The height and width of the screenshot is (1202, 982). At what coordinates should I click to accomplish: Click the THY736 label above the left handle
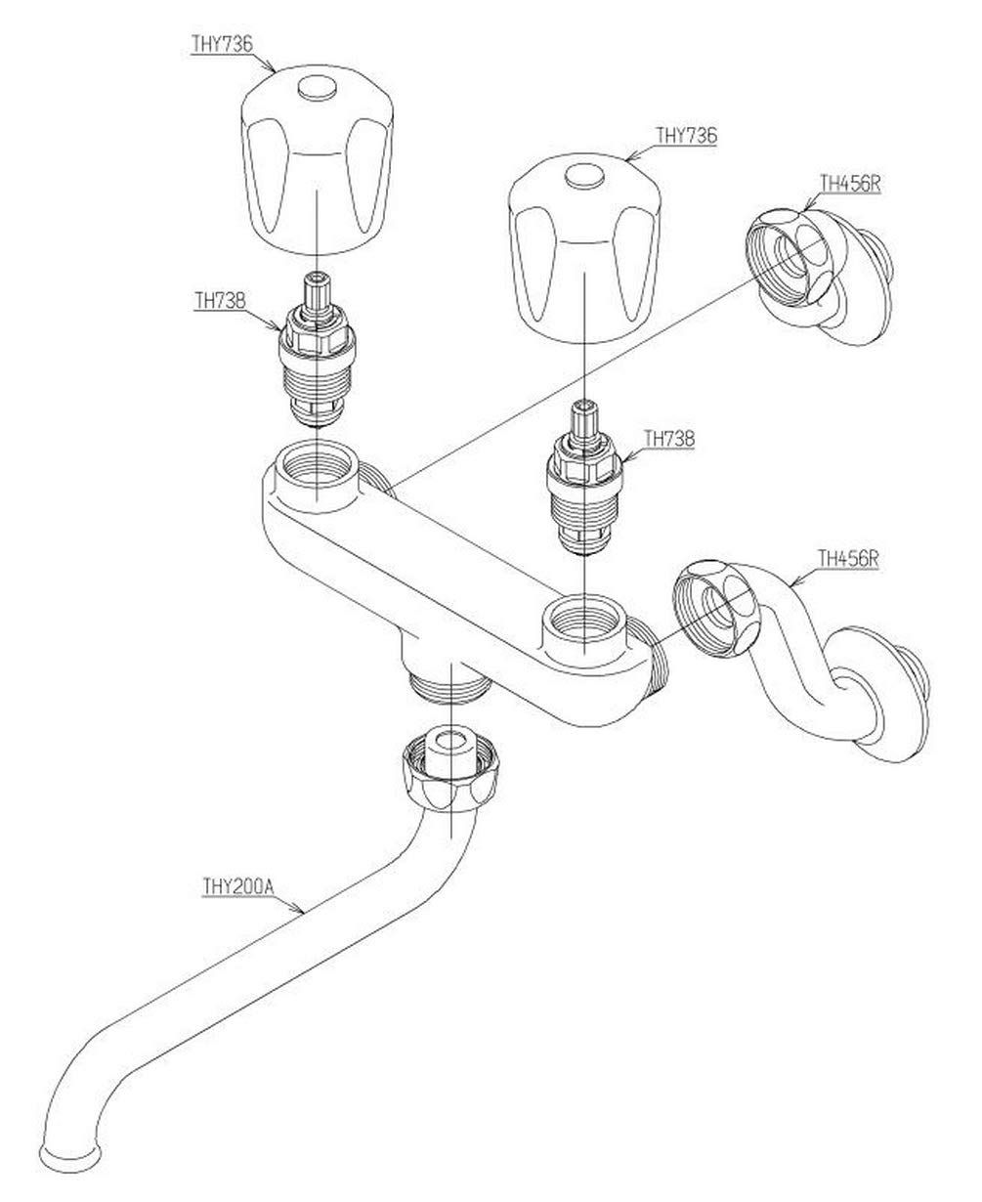click(222, 45)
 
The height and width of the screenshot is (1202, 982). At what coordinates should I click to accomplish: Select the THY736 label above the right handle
click(686, 136)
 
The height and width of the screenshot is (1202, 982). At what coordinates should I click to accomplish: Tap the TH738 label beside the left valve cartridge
click(220, 300)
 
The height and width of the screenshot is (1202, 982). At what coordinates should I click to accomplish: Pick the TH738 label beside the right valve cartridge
click(669, 438)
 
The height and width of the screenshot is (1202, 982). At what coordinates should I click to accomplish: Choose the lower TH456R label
click(849, 559)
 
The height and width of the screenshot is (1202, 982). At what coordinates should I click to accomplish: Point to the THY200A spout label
click(238, 886)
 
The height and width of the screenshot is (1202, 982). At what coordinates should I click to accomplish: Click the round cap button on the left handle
click(317, 88)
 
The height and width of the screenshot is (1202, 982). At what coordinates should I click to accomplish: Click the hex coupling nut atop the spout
click(449, 771)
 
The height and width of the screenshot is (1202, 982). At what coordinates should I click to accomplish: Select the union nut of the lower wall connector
click(715, 612)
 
